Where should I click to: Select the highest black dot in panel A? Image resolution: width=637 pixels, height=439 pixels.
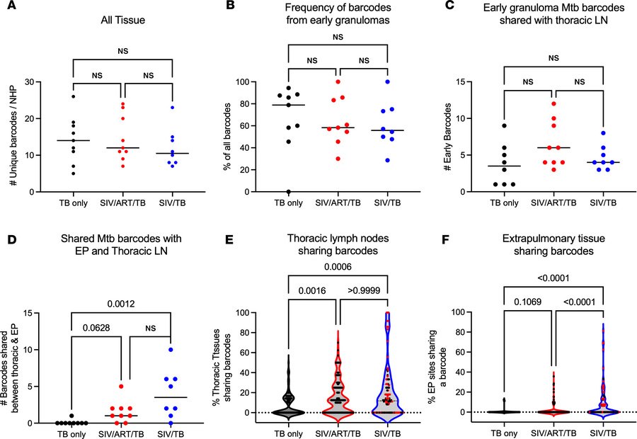pos(74,96)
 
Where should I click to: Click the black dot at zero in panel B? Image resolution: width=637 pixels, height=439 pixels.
pos(289,192)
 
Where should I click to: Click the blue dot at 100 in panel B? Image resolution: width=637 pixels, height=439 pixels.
pos(388,82)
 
